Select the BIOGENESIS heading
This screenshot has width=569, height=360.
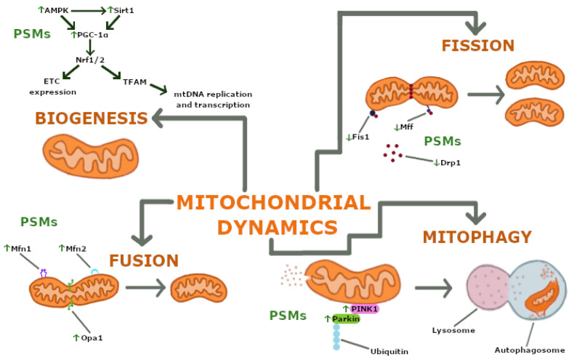coord(83,118)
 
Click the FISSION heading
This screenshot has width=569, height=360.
coord(477,46)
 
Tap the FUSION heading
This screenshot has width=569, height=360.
coord(144,260)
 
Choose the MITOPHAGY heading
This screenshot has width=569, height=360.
coord(477,236)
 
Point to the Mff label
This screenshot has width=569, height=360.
coord(403,127)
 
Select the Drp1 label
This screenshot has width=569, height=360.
coord(446,161)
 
